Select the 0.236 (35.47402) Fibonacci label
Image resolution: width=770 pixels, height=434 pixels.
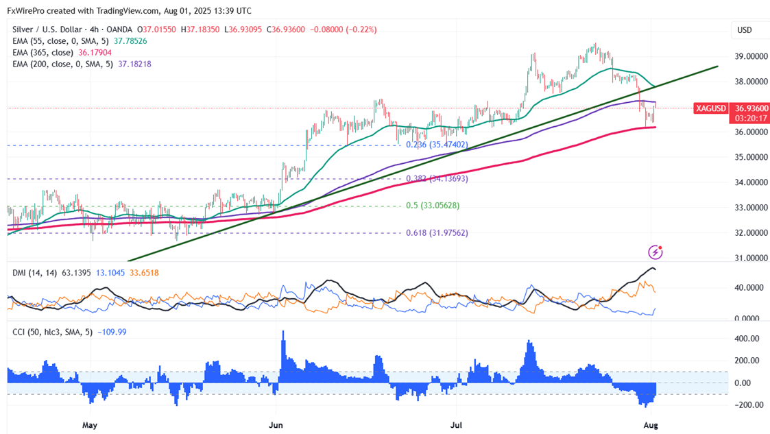pyautogui.click(x=437, y=145)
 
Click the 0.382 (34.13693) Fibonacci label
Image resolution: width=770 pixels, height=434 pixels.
pyautogui.click(x=437, y=178)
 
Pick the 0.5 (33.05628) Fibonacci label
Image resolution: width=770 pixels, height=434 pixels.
pyautogui.click(x=432, y=206)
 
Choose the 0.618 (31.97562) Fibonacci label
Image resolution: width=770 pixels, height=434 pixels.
pyautogui.click(x=437, y=232)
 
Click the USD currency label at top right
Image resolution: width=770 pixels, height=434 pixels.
pyautogui.click(x=744, y=30)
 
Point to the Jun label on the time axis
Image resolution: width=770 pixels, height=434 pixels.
pyautogui.click(x=275, y=425)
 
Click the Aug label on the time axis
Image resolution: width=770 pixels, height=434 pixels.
pyautogui.click(x=651, y=425)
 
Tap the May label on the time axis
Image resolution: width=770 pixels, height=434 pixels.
pyautogui.click(x=90, y=425)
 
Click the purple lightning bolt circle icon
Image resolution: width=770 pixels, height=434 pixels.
pyautogui.click(x=656, y=252)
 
